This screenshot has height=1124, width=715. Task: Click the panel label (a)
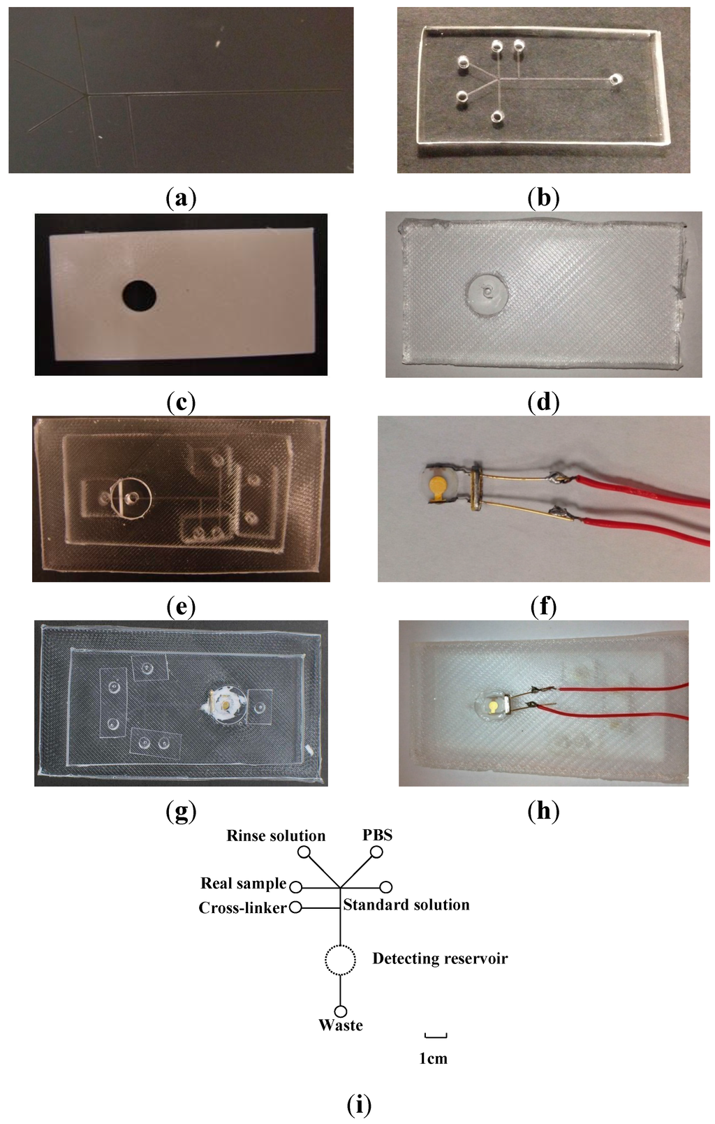181,199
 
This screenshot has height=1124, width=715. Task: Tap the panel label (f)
543,606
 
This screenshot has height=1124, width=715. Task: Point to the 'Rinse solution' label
276,835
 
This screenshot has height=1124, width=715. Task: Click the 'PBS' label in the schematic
377,835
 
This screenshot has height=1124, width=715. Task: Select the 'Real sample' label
244,883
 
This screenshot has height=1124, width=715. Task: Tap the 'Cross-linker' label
242,907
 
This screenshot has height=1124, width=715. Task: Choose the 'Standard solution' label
406,905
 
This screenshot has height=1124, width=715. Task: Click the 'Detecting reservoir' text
440,958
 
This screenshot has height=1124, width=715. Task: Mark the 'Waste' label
341,1026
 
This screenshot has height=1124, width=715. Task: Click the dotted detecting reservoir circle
341,960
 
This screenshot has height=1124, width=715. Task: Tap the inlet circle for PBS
376,852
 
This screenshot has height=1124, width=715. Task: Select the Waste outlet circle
341,1011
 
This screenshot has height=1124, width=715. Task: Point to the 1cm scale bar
435,1036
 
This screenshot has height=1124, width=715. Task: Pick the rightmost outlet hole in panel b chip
614,80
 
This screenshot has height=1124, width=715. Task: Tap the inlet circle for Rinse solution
304,852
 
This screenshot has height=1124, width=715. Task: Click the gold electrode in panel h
494,706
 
